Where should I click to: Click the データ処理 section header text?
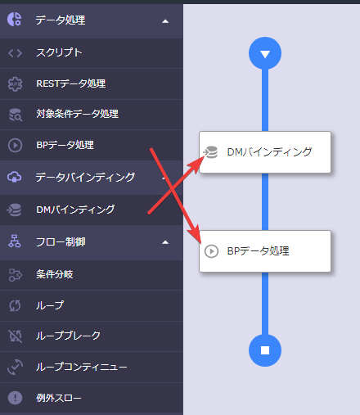[x=61, y=20]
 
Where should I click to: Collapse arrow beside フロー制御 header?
[x=165, y=242]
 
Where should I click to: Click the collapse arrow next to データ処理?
[x=165, y=21]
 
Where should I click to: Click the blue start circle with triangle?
[x=265, y=53]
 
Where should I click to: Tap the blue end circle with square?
[x=265, y=350]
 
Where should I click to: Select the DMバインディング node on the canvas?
[x=265, y=152]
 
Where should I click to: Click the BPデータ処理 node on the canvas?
[x=265, y=251]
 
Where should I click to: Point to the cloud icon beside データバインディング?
[x=15, y=177]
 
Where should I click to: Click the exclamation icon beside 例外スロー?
[x=15, y=398]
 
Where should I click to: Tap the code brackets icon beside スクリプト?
[x=15, y=53]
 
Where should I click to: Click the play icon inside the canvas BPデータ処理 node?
[x=211, y=251]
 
